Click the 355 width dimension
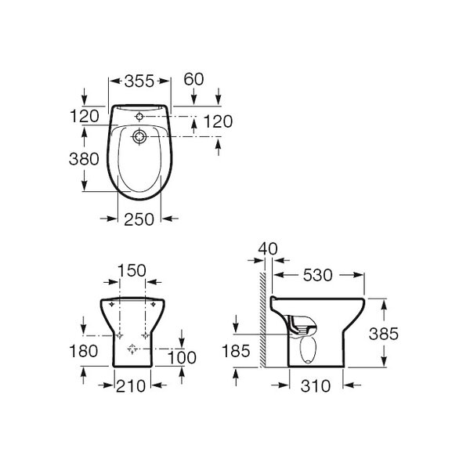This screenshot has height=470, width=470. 139,81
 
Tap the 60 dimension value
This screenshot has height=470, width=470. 193,79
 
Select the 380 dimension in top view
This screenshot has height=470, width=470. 84,159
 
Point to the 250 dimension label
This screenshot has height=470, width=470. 139,219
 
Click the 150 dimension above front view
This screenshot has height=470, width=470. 132,270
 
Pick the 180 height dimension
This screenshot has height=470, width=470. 83,351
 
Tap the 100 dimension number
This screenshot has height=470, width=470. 182,358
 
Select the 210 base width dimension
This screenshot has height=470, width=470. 131,386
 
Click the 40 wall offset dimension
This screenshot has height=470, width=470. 268,249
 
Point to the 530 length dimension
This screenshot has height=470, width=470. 318,275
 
